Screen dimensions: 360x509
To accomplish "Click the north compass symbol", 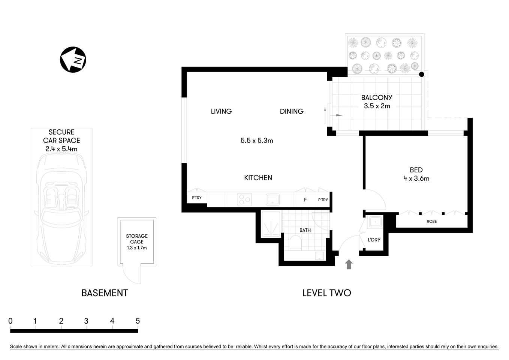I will (73, 60).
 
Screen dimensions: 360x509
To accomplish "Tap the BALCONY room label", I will (377, 97).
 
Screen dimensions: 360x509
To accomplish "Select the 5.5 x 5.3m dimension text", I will (257, 141).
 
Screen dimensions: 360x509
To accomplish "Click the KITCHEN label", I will (258, 178).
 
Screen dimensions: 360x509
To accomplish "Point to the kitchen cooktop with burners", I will (245, 199).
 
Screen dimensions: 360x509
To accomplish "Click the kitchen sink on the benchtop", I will (272, 199).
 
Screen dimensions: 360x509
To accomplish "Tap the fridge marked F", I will (305, 199).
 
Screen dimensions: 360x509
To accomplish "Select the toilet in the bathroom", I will (295, 243).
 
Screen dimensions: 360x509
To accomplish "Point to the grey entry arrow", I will (349, 264).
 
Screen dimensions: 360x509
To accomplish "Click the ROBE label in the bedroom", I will (431, 221).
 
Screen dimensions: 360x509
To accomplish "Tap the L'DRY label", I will (374, 240).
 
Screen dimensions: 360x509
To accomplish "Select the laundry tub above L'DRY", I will (374, 222).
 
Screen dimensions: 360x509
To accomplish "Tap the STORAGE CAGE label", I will (136, 239).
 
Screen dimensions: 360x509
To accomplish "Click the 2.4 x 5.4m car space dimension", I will (61, 149).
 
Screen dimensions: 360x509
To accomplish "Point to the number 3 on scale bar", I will (87, 321).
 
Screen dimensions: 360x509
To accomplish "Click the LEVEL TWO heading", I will (326, 293).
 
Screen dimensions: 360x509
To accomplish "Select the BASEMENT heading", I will (105, 293).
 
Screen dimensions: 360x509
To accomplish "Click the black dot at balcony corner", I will (422, 75).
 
